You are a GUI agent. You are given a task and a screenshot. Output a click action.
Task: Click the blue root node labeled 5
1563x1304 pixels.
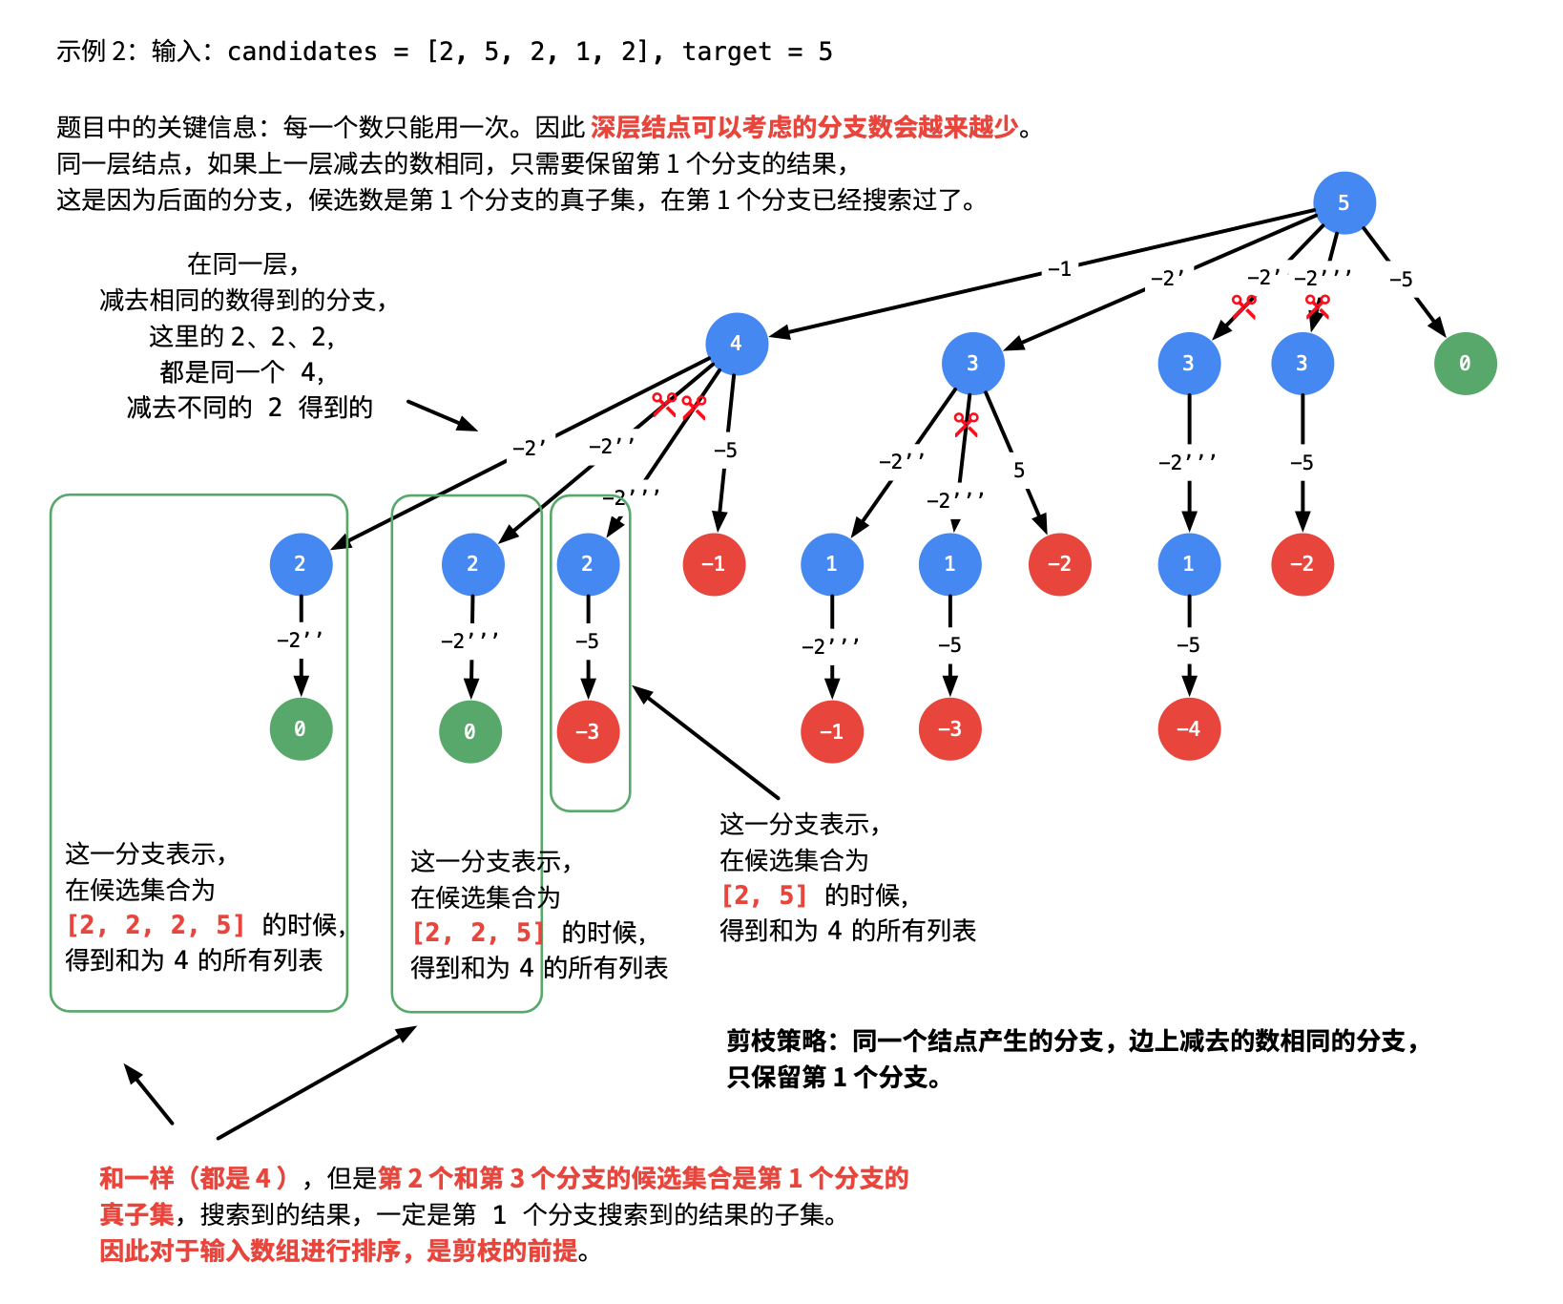click(x=1344, y=202)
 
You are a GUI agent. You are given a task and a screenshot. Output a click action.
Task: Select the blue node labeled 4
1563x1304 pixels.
click(x=736, y=344)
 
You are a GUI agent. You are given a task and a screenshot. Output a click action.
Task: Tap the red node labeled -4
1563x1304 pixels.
click(x=1188, y=729)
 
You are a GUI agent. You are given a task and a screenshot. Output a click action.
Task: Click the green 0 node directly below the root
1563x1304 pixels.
click(x=1465, y=364)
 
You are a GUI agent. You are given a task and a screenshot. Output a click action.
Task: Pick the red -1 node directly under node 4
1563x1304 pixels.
click(x=714, y=564)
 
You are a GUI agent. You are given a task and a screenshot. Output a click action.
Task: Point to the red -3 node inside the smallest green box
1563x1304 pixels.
click(x=588, y=731)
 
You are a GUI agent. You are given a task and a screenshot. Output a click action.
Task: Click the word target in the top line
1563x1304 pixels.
click(x=726, y=52)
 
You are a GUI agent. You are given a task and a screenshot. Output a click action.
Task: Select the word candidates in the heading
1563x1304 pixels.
click(x=302, y=52)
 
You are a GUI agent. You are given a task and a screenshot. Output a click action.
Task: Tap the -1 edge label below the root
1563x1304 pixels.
click(x=1059, y=269)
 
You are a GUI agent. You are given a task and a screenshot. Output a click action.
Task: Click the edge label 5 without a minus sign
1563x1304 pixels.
click(x=1019, y=471)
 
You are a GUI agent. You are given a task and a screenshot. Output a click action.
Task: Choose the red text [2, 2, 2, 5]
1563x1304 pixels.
click(x=156, y=925)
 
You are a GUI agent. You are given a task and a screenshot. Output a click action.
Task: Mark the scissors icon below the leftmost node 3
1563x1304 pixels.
click(x=966, y=424)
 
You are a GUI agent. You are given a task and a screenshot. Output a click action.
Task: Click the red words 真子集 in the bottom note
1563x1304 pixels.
click(x=136, y=1214)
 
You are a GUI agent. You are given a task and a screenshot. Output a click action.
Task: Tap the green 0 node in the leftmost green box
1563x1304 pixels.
click(x=301, y=729)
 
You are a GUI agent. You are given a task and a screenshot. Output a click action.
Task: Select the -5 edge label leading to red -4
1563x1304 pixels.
click(x=1188, y=645)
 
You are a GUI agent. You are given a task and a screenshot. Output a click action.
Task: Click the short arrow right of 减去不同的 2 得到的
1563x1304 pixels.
click(x=442, y=415)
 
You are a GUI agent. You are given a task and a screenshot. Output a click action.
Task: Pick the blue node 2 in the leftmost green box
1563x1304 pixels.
click(x=301, y=564)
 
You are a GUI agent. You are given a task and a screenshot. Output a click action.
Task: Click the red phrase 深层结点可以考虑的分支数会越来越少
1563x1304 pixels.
click(x=804, y=127)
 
